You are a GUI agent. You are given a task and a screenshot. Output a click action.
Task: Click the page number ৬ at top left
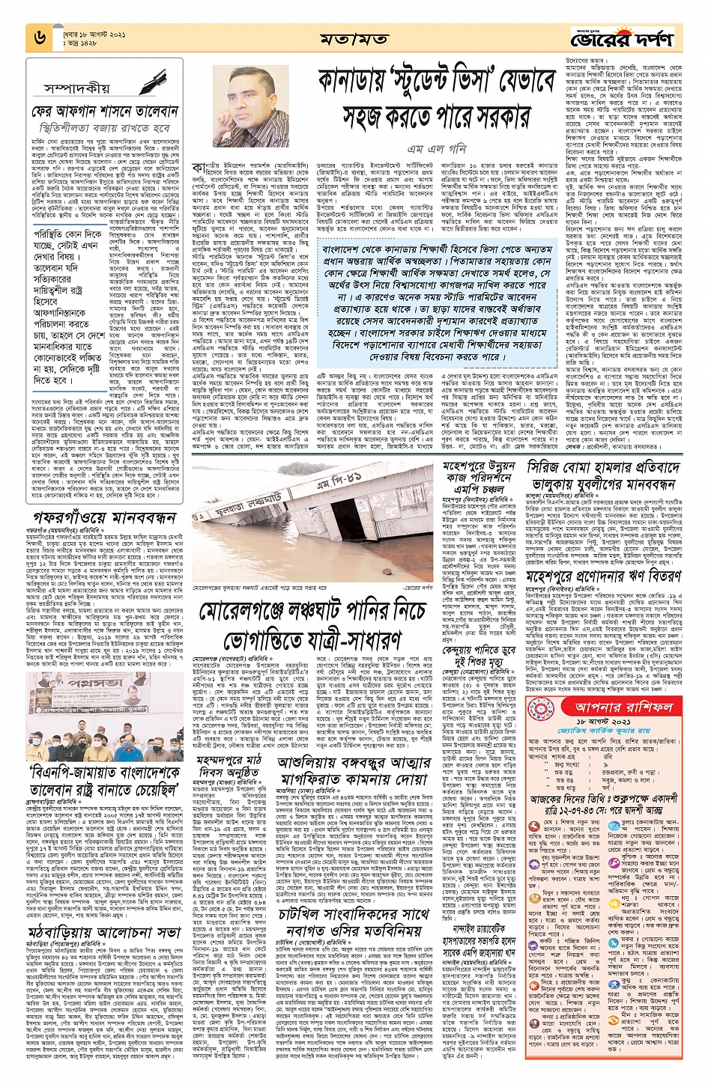click(x=40, y=36)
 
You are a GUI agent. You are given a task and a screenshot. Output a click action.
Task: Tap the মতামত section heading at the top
click(x=354, y=38)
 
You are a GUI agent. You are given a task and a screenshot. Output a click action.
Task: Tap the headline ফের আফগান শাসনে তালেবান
click(x=105, y=112)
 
